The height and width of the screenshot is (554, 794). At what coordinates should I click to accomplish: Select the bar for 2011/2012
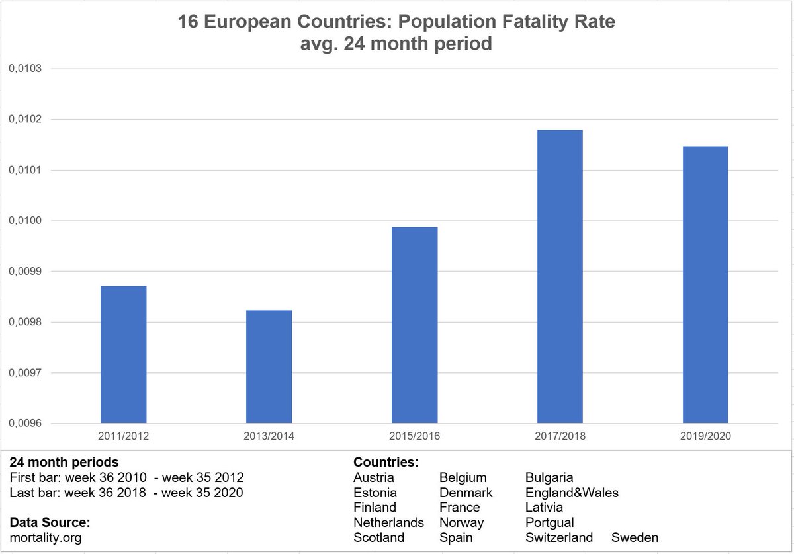pyautogui.click(x=123, y=354)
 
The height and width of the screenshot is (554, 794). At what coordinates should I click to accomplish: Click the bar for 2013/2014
pyautogui.click(x=269, y=367)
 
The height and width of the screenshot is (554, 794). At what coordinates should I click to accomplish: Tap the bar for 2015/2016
pyautogui.click(x=414, y=325)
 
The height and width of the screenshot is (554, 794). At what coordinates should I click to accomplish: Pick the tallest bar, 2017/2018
pyautogui.click(x=560, y=276)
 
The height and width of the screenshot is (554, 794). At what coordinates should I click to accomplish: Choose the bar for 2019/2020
pyautogui.click(x=705, y=285)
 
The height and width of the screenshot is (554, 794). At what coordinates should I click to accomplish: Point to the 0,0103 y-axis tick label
pyautogui.click(x=24, y=69)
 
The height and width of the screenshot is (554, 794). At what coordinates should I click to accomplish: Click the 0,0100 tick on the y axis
pyautogui.click(x=24, y=221)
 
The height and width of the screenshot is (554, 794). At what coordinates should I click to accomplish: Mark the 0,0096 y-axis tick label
pyautogui.click(x=24, y=424)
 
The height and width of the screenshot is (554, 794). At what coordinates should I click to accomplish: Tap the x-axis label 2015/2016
pyautogui.click(x=414, y=436)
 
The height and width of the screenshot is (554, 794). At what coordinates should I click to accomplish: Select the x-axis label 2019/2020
pyautogui.click(x=705, y=436)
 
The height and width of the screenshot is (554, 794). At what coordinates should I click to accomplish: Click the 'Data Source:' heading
pyautogui.click(x=50, y=522)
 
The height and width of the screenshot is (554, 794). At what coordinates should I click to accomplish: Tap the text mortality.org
pyautogui.click(x=46, y=537)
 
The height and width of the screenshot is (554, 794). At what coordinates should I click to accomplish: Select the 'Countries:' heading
pyautogui.click(x=386, y=462)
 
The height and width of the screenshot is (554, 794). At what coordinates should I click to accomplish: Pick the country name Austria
pyautogui.click(x=374, y=477)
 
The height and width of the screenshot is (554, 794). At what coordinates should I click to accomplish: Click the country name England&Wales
pyautogui.click(x=572, y=493)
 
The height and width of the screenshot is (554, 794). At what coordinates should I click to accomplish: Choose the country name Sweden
pyautogui.click(x=635, y=537)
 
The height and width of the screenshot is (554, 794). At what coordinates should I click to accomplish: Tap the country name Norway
pyautogui.click(x=461, y=522)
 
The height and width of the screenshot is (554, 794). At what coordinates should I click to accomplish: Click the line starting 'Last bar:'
pyautogui.click(x=126, y=493)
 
